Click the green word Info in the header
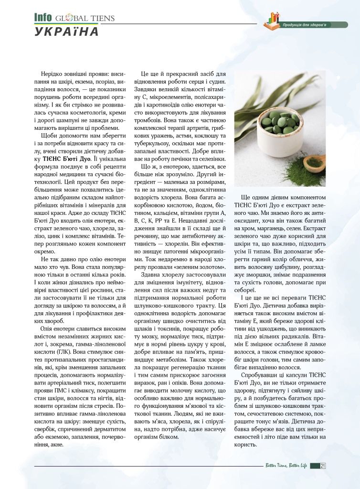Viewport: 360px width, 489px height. point(42,17)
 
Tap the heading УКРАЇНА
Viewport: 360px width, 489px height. point(66,32)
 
